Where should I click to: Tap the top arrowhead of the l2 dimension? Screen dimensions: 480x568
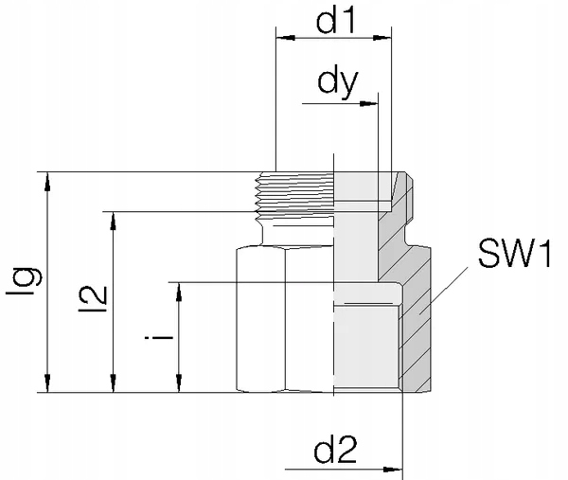[114, 218]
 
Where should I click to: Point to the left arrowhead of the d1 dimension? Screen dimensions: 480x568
[281, 40]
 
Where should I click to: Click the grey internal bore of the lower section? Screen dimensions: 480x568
[369, 341]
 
